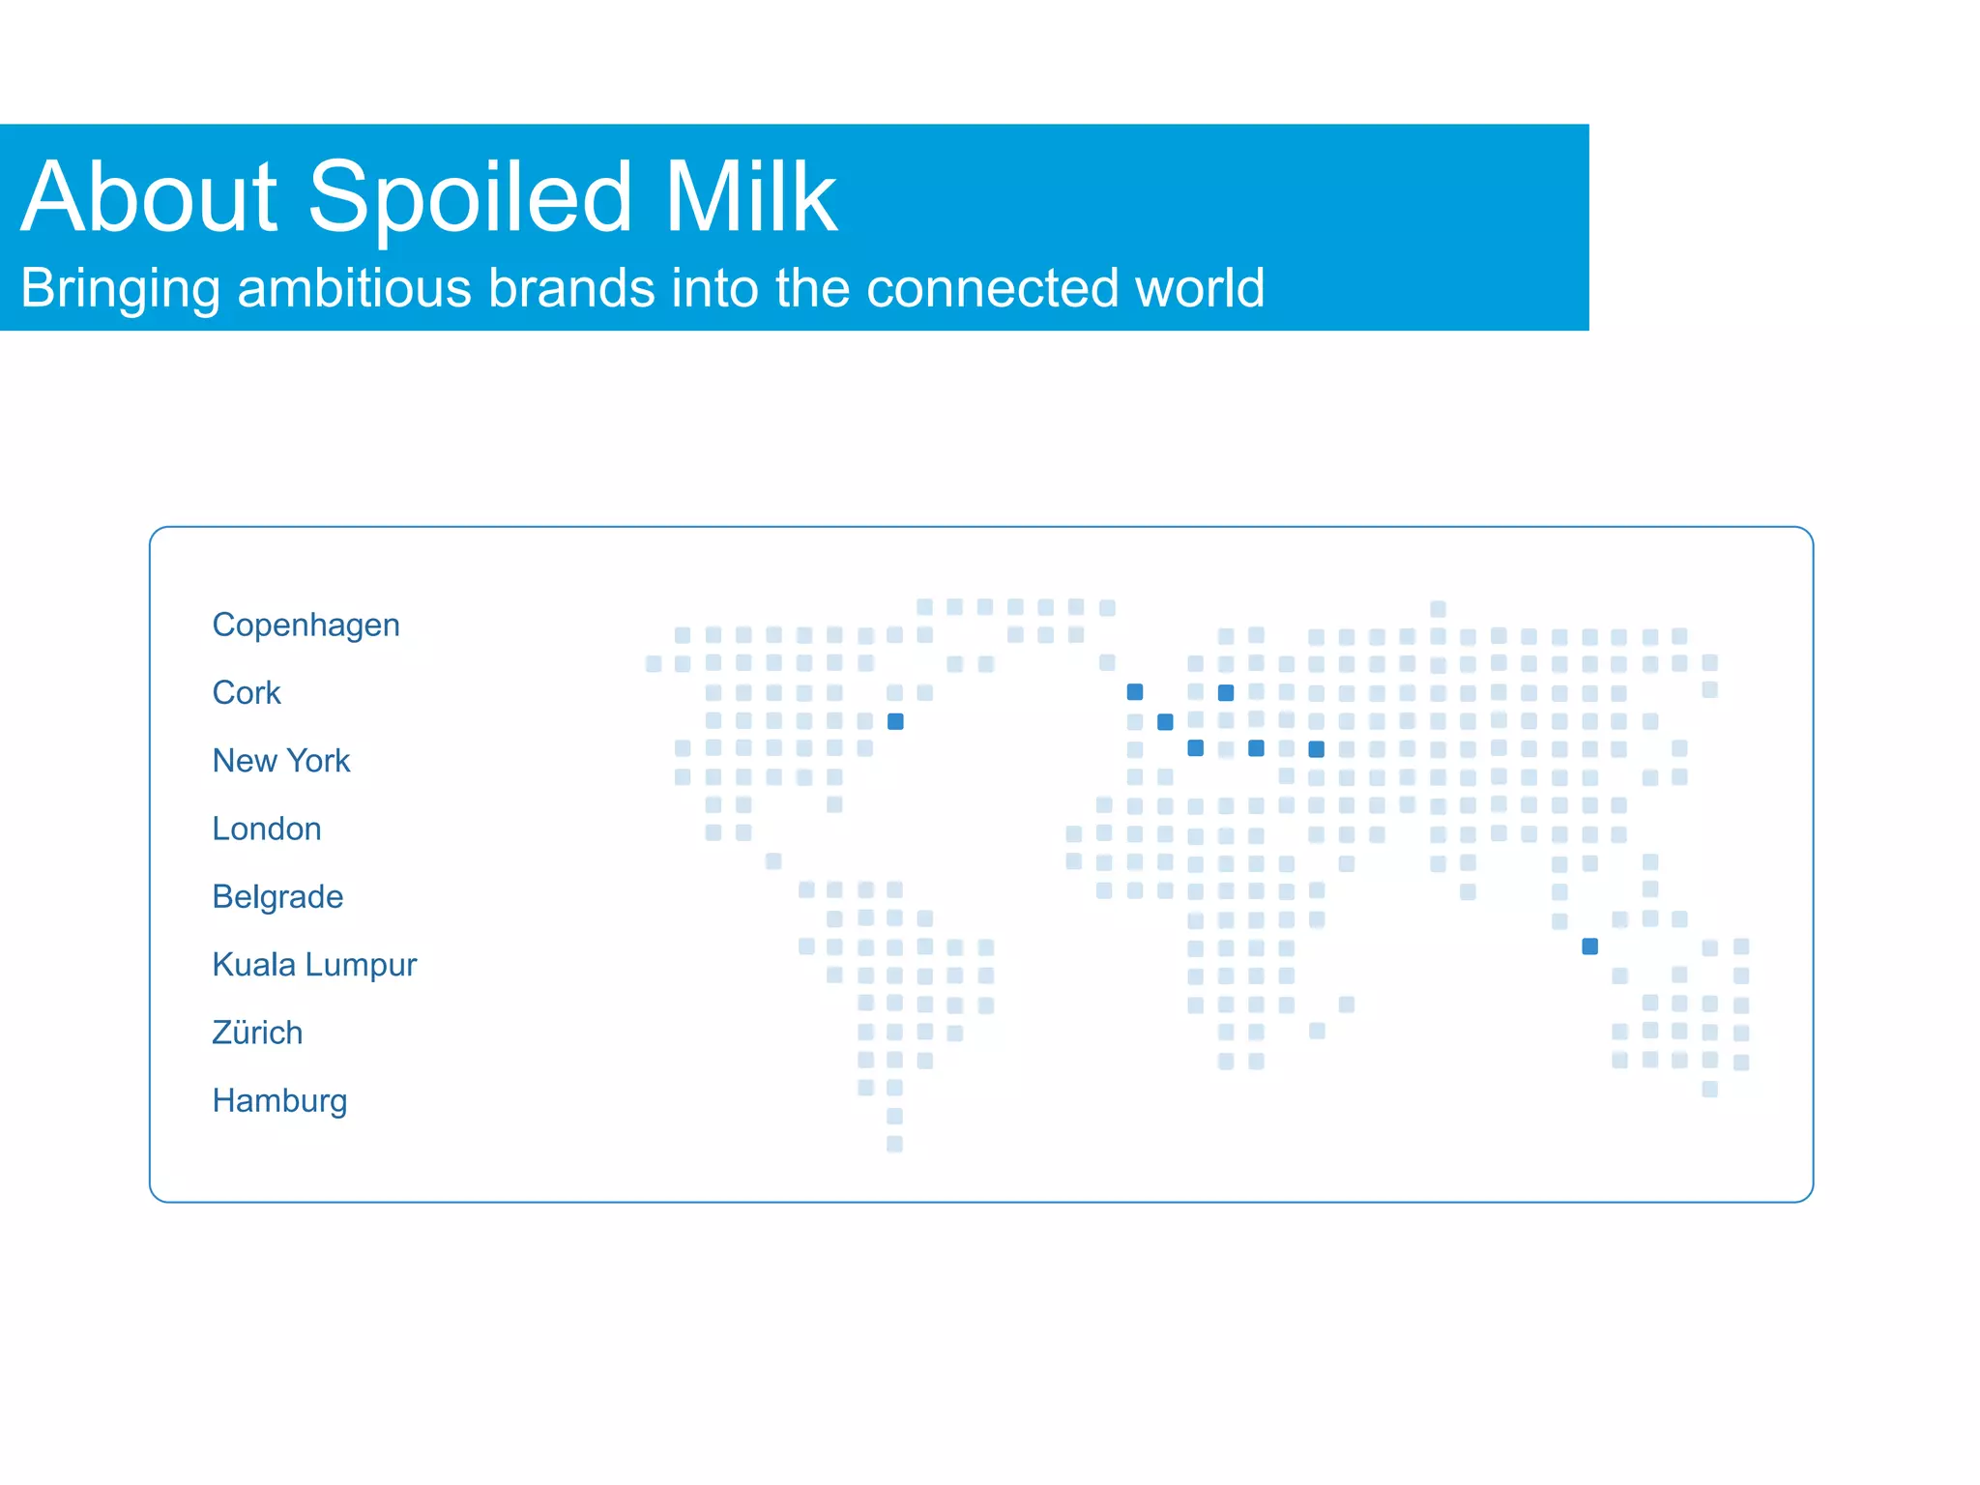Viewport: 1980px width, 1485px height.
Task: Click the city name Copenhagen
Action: (306, 626)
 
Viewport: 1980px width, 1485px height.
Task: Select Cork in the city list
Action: (247, 693)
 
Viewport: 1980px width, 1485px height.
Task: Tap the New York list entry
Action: (280, 761)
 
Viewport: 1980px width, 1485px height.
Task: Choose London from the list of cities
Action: (266, 829)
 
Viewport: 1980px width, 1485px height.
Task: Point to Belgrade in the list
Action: (277, 897)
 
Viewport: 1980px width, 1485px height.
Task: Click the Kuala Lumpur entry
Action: (314, 965)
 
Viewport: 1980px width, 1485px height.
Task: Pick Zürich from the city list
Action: (257, 1033)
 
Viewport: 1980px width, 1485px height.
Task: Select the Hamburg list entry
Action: (279, 1100)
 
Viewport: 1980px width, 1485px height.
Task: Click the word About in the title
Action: (150, 197)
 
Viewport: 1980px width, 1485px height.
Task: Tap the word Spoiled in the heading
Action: (471, 197)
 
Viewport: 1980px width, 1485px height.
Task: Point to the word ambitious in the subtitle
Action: (355, 288)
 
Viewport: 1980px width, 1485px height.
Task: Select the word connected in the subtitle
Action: (993, 288)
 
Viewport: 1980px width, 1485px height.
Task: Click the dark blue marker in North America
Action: (895, 721)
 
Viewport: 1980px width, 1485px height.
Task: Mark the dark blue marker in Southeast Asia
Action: (1589, 946)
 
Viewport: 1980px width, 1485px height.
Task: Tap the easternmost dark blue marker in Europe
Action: (1316, 749)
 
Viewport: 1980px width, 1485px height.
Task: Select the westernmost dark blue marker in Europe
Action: (1135, 692)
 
